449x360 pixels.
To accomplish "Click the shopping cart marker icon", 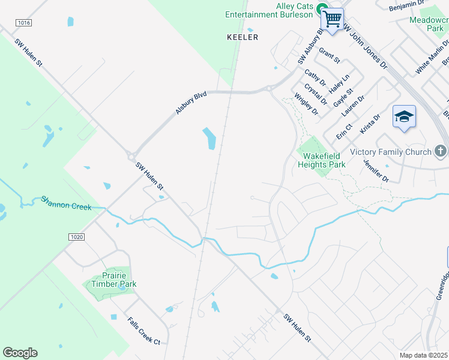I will (332, 18).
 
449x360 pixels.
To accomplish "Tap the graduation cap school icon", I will (404, 116).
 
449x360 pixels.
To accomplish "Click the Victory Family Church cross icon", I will (441, 151).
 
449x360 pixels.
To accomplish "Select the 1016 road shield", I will (24, 22).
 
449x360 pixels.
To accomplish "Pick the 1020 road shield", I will (77, 237).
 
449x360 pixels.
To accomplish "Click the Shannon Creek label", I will (66, 203).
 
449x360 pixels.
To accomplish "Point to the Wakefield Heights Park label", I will (322, 160).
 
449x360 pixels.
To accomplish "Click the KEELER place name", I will (243, 37).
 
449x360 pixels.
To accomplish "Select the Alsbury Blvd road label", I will (191, 103).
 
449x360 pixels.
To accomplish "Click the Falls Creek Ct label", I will (143, 331).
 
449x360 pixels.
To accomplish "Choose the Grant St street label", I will (330, 56).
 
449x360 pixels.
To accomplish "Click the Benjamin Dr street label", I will (406, 5).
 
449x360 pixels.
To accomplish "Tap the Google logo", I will (20, 353).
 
